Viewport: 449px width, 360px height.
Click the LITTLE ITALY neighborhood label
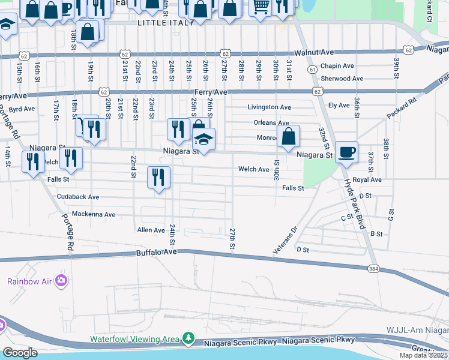pyautogui.click(x=166, y=22)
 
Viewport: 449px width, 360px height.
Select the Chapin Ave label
pyautogui.click(x=337, y=66)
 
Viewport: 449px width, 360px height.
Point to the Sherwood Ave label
pyautogui.click(x=342, y=79)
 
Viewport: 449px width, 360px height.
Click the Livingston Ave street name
pyautogui.click(x=270, y=107)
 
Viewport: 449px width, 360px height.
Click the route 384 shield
pyautogui.click(x=373, y=268)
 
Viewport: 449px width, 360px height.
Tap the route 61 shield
pyautogui.click(x=313, y=70)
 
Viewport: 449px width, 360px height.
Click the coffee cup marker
pyautogui.click(x=346, y=152)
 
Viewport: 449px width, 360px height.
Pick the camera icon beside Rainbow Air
pyautogui.click(x=61, y=280)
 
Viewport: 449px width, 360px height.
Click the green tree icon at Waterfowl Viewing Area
pyautogui.click(x=188, y=339)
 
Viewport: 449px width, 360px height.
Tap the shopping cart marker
pyautogui.click(x=259, y=6)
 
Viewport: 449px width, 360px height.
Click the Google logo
pyautogui.click(x=20, y=353)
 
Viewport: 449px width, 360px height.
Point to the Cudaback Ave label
pyautogui.click(x=77, y=197)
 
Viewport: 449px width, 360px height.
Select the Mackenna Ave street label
pyautogui.click(x=93, y=214)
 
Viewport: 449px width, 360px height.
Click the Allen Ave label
pyautogui.click(x=151, y=230)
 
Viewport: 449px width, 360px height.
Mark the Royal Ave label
pyautogui.click(x=367, y=180)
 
